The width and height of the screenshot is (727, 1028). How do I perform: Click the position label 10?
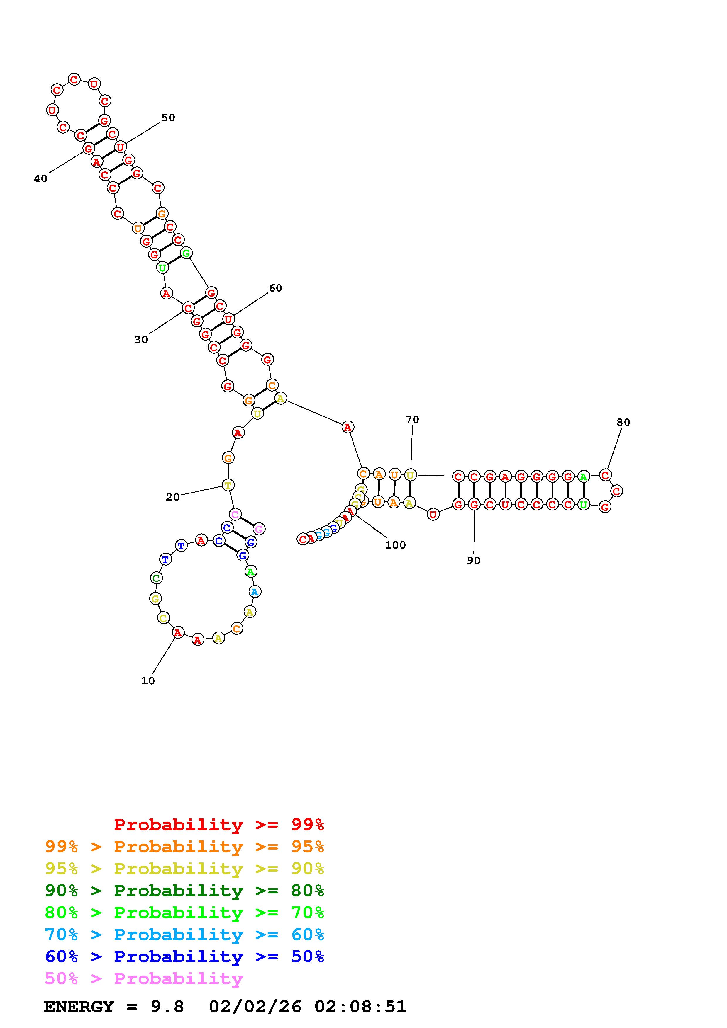click(148, 680)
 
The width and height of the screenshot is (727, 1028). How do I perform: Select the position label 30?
click(141, 339)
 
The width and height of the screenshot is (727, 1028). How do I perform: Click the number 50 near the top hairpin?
click(168, 117)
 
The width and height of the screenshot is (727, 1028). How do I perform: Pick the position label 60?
click(275, 288)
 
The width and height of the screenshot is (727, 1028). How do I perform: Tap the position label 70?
click(412, 419)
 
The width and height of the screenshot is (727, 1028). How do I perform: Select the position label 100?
click(395, 544)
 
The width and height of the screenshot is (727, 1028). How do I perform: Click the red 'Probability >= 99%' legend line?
click(218, 824)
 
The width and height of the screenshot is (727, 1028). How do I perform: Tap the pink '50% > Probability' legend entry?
click(144, 978)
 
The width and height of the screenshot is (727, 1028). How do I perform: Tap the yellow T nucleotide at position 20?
click(228, 485)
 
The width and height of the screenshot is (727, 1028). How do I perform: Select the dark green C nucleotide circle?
click(156, 578)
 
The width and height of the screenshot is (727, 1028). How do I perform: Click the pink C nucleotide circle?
click(235, 514)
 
